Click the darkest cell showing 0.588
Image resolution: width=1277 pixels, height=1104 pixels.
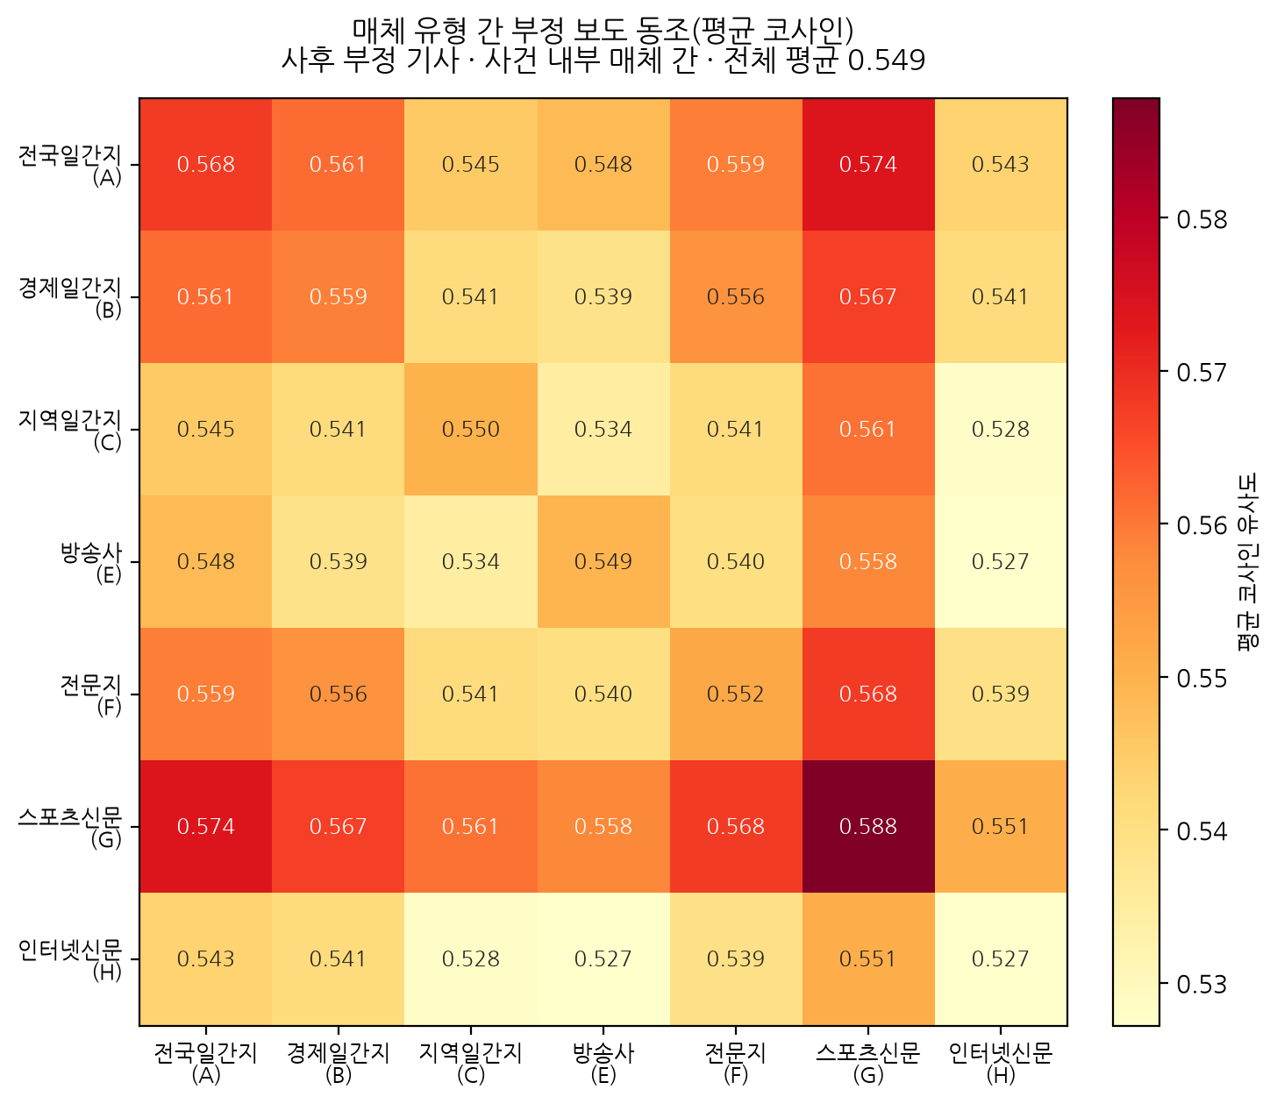867,826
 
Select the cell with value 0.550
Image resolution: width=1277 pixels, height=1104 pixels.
470,429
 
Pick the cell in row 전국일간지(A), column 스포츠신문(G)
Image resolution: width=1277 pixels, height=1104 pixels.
867,164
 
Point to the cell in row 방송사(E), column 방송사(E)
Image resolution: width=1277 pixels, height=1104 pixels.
603,561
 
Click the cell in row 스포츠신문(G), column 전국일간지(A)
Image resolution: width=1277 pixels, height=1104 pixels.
206,826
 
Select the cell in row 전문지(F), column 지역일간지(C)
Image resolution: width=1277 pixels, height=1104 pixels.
470,694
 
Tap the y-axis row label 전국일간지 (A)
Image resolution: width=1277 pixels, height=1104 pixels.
70,166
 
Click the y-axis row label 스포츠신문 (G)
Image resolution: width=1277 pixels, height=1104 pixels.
70,828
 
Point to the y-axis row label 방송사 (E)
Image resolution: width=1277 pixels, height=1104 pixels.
91,563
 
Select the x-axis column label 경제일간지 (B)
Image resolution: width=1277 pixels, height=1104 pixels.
338,1063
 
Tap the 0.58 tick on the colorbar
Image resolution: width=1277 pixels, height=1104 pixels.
1202,219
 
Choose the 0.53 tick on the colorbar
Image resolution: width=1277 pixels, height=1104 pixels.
1202,984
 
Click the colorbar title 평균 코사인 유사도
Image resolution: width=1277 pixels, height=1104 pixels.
1249,562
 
